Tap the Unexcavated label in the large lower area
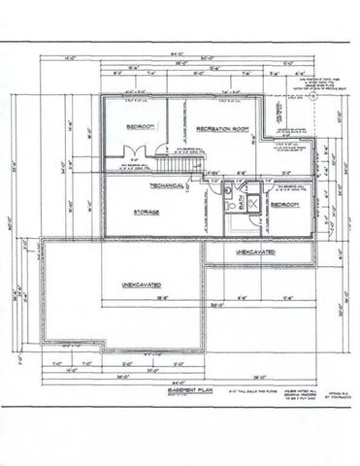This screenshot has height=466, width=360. (x=142, y=285)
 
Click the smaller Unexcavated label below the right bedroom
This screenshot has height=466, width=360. (x=255, y=252)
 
